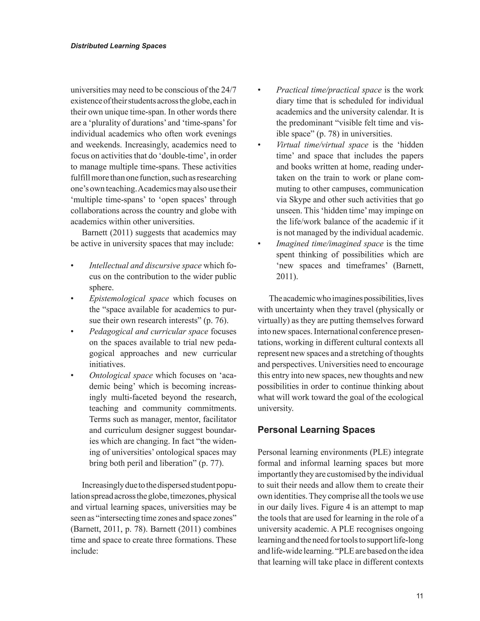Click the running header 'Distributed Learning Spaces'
point(118,46)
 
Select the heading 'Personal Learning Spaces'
point(316,430)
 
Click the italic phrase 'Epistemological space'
point(129,299)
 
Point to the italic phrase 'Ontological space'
point(121,375)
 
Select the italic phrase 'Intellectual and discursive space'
point(145,266)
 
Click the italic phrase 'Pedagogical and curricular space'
point(148,332)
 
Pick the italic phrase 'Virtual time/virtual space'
point(322,145)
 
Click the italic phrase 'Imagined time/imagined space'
point(330,244)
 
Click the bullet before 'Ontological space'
point(72,376)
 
